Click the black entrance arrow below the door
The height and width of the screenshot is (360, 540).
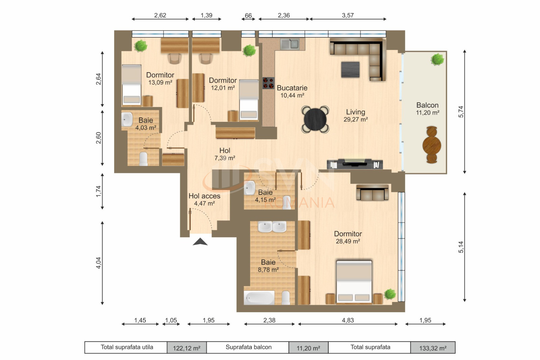[200, 242]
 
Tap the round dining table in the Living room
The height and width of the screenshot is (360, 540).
[315, 119]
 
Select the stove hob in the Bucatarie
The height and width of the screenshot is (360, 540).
[269, 83]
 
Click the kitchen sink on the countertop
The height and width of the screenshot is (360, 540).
[290, 44]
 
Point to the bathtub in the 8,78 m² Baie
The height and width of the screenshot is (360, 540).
[260, 298]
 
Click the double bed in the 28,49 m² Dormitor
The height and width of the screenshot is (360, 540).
[354, 281]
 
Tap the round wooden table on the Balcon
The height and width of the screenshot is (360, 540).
[432, 145]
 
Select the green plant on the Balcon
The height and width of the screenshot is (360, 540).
[437, 59]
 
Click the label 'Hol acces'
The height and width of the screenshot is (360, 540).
[204, 196]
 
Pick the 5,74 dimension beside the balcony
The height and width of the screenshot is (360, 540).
[461, 112]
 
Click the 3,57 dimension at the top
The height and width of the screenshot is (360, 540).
[348, 15]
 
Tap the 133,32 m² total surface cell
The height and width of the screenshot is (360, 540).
[433, 348]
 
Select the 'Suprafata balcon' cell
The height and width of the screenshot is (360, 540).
[248, 347]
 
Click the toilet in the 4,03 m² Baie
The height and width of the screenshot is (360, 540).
[143, 159]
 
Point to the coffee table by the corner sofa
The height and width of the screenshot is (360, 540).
[350, 70]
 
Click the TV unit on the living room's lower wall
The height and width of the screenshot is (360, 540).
[354, 164]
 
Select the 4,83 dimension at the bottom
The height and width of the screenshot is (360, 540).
[348, 320]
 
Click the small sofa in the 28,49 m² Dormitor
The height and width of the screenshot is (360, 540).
[372, 193]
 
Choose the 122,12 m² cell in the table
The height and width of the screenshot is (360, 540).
[187, 348]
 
